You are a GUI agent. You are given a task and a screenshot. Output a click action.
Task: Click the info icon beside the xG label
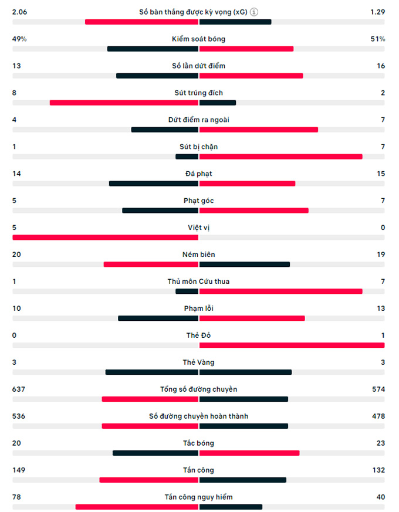tap(254, 12)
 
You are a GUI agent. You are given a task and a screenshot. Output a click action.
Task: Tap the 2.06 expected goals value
tap(20, 12)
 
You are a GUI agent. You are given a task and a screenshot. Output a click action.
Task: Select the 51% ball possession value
tap(378, 39)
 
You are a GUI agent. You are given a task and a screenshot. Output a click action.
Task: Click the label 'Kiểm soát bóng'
tap(199, 39)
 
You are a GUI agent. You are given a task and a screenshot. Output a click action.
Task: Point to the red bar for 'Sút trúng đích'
tap(124, 103)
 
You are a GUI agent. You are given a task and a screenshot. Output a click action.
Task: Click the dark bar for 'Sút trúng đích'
tap(218, 103)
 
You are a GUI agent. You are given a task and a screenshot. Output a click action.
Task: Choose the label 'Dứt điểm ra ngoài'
tap(199, 120)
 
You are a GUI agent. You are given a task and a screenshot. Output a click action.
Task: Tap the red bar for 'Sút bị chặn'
tap(280, 157)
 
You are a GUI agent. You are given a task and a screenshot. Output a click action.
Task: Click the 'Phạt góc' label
tap(199, 201)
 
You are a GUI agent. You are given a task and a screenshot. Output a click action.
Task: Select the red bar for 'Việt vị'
tap(106, 238)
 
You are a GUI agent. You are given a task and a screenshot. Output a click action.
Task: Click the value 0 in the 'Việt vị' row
tap(383, 228)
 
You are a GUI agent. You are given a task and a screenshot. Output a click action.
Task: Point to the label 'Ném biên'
tap(199, 255)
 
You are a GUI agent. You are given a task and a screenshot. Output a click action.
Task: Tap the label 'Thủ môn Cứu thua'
tap(199, 282)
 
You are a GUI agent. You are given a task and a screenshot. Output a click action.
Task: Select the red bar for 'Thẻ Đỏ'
tap(292, 345)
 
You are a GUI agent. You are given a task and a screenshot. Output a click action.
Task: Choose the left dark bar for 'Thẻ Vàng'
tap(152, 372)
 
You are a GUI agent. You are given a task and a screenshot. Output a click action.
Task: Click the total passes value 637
tap(19, 389)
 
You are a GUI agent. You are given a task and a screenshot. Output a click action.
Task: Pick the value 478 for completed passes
tap(378, 416)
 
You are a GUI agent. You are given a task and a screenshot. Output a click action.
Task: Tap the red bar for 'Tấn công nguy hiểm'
tap(137, 507)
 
